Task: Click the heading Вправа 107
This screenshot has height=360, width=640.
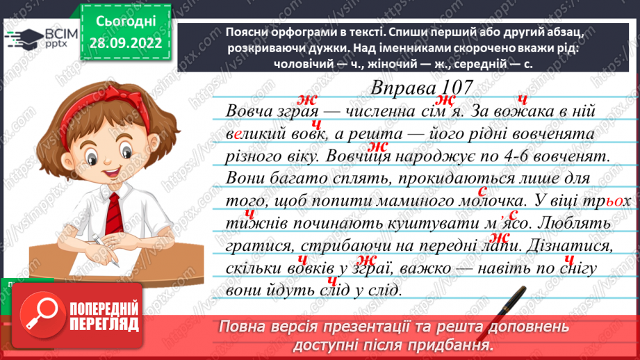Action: point(422,88)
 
